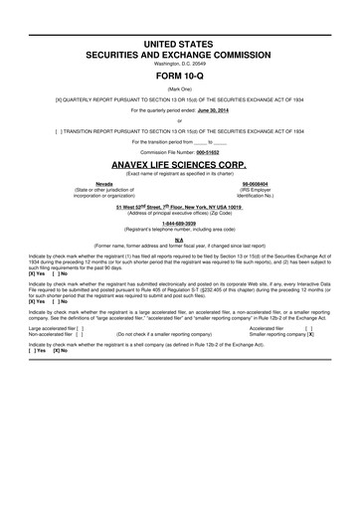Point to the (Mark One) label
tap(179, 88)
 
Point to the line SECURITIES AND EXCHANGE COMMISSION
tap(179, 57)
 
